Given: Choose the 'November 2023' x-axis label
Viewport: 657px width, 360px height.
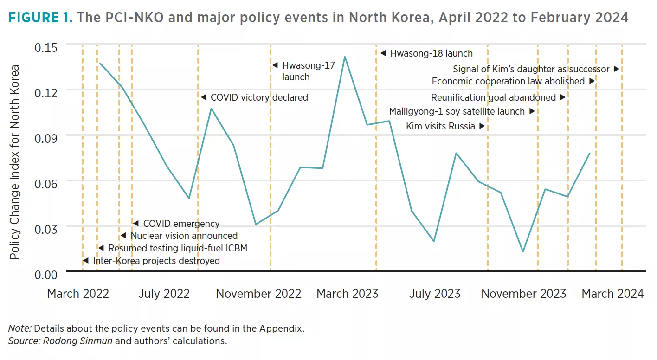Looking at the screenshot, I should click(523, 294).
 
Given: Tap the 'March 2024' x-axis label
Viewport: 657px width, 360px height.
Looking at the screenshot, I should click(612, 294).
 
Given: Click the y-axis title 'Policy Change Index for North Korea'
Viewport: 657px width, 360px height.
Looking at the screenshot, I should click(15, 162).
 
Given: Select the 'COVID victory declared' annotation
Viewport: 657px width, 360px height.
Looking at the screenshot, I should click(259, 97).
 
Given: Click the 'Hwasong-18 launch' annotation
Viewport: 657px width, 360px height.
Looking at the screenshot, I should click(431, 53).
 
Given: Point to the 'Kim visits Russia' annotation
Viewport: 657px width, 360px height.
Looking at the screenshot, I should click(440, 126).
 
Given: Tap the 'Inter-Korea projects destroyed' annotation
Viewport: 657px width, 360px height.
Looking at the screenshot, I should click(156, 261).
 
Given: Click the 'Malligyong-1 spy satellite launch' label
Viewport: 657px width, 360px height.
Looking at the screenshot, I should click(457, 111).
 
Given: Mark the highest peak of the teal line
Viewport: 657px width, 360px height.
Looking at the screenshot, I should click(345, 57).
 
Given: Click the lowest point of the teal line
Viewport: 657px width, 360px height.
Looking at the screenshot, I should click(523, 252).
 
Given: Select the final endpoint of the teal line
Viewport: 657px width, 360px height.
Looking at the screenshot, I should click(590, 153).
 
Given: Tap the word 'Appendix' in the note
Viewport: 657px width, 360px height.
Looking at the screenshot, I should click(284, 328).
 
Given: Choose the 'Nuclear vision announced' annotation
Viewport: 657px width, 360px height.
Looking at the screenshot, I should click(184, 236).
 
